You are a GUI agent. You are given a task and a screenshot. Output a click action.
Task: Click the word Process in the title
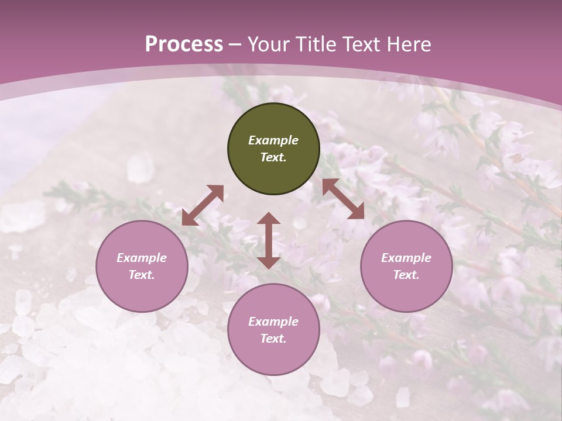tap(184, 44)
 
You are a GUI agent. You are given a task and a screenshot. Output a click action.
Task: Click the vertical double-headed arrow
tap(269, 241)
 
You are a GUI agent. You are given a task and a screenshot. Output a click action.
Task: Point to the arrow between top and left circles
tap(203, 205)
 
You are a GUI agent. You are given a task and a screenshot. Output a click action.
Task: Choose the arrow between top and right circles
tap(343, 199)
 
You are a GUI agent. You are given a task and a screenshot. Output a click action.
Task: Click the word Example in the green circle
tap(273, 140)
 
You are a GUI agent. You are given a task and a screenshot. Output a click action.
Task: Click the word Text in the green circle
tap(273, 157)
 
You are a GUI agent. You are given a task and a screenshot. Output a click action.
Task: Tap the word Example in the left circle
tap(142, 258)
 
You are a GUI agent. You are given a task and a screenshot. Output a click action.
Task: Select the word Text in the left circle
tap(141, 275)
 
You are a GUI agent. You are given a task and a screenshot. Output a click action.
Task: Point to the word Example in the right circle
tap(406, 258)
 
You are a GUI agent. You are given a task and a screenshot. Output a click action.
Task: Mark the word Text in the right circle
tap(406, 275)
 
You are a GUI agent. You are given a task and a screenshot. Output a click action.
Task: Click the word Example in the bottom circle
tap(273, 322)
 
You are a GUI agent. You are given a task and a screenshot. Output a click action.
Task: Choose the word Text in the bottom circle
tap(273, 339)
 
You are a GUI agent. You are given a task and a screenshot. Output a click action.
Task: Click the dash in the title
tap(235, 45)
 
